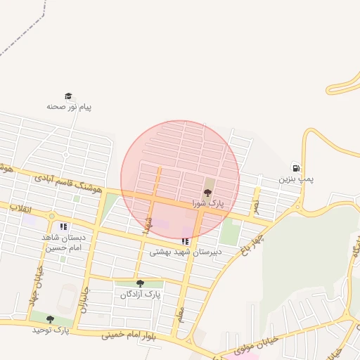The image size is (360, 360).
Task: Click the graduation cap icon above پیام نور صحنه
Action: [x=68, y=96]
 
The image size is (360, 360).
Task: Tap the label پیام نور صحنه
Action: [x=69, y=107]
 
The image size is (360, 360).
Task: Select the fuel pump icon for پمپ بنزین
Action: [x=296, y=168]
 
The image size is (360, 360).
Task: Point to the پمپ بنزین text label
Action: [x=296, y=179]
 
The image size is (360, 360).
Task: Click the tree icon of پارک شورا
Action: [x=207, y=192]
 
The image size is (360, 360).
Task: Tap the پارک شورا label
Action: [x=207, y=203]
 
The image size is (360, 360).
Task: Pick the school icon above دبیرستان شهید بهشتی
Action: [x=185, y=241]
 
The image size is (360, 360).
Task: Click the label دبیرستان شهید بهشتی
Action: [x=186, y=251]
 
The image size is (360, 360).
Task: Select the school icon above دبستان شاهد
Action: [x=63, y=226]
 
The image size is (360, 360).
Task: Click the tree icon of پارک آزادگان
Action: [x=140, y=284]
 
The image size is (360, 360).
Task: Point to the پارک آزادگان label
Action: [x=140, y=295]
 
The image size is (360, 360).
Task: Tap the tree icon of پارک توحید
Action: [x=50, y=319]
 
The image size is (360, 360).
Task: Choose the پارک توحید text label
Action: [x=50, y=330]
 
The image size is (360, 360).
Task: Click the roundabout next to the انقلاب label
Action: [x=51, y=216]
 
